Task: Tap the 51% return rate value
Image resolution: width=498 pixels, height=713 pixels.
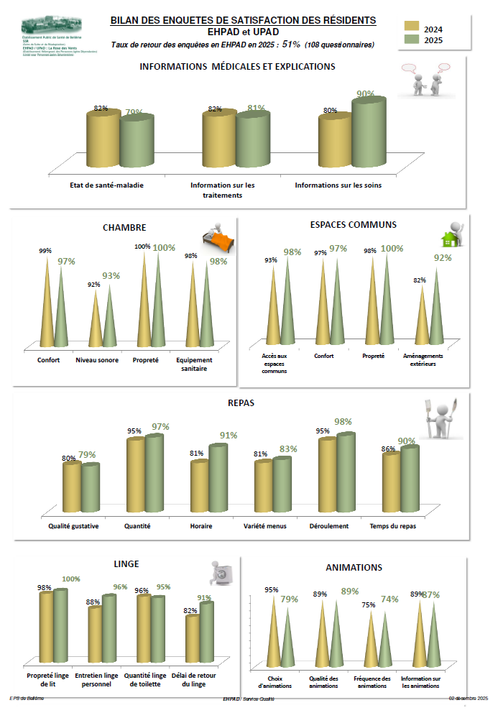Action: click(x=291, y=45)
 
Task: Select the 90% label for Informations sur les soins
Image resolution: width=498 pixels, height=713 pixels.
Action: click(x=366, y=94)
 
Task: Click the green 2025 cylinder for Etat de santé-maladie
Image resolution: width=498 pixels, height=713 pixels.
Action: click(x=137, y=140)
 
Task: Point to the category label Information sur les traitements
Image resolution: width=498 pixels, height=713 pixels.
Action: click(x=222, y=190)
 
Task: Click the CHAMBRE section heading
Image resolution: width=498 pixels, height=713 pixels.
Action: click(x=124, y=227)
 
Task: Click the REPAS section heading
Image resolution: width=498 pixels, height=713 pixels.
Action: click(x=241, y=403)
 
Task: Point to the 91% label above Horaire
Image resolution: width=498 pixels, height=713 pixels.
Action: click(x=229, y=435)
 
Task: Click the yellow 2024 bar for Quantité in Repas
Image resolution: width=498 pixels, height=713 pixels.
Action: click(x=136, y=474)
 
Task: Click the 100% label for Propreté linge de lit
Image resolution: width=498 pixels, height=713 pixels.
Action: click(x=71, y=579)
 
